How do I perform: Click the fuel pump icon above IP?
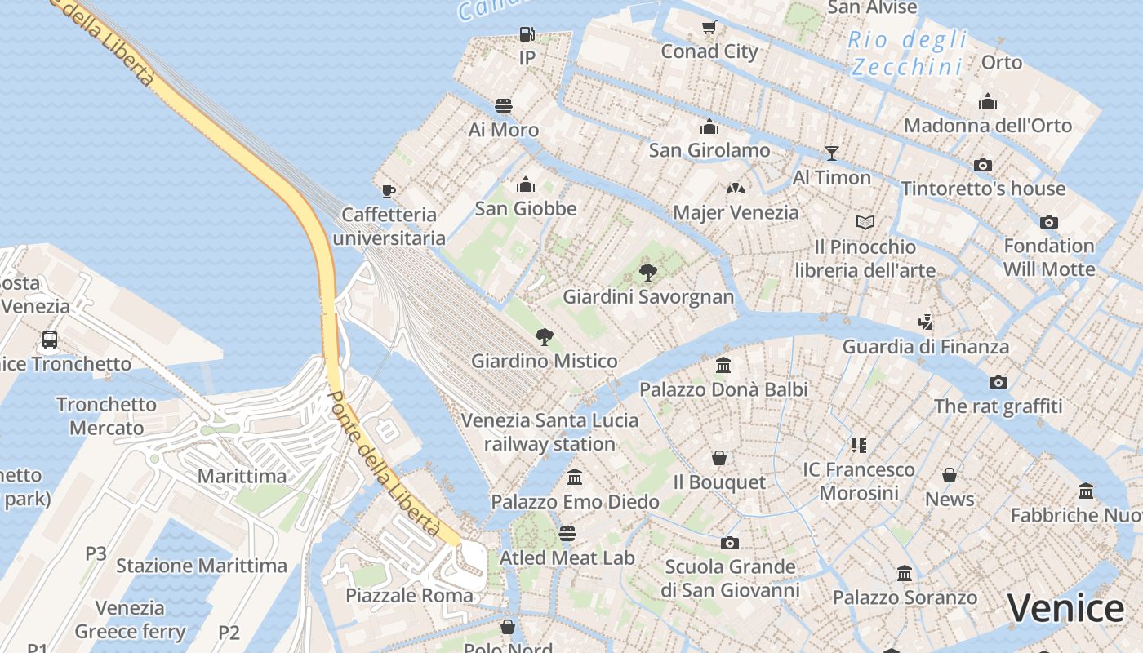click(x=527, y=34)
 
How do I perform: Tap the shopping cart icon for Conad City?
click(x=709, y=29)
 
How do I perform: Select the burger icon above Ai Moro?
click(x=504, y=106)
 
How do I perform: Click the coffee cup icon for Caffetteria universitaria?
click(x=389, y=191)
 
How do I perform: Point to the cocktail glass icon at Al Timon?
click(x=831, y=153)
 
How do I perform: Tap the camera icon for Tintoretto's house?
click(x=983, y=165)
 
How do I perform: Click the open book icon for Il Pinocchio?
click(x=865, y=222)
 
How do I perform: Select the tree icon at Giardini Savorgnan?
click(x=648, y=272)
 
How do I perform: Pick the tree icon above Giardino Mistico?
click(x=544, y=336)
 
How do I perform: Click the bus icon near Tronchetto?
click(x=50, y=340)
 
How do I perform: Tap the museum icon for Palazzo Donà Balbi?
click(x=723, y=366)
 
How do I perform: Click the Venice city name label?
click(x=1065, y=609)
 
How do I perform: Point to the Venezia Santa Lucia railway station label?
click(x=549, y=433)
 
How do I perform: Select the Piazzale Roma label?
click(x=409, y=595)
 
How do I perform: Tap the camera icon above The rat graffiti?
click(x=998, y=382)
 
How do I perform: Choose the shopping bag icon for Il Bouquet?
click(x=719, y=458)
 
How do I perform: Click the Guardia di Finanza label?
click(x=926, y=346)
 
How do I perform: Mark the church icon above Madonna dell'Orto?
click(x=988, y=102)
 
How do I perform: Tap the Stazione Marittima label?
click(x=202, y=566)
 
